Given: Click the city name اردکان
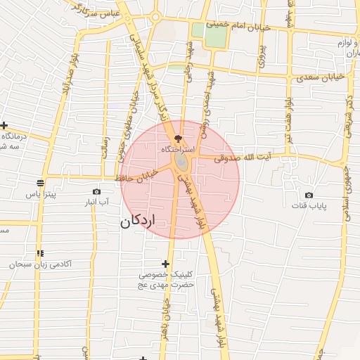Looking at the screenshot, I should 136,222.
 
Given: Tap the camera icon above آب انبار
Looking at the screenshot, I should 96,192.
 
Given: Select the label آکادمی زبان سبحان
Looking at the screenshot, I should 40,264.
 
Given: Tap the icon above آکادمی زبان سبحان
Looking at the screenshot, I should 40,253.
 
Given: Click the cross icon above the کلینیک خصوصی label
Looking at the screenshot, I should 165,264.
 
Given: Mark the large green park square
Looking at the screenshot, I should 210,35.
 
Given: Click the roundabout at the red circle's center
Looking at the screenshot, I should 181,163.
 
